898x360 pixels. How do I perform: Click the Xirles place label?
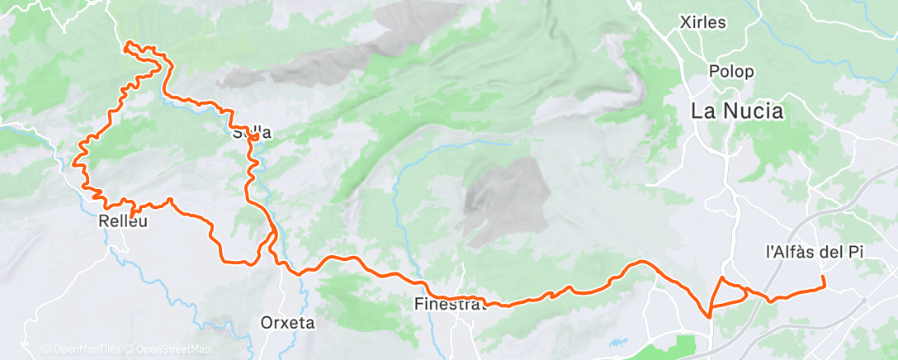pyautogui.click(x=703, y=22)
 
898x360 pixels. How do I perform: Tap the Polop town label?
pyautogui.click(x=730, y=71)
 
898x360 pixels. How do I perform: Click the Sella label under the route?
pyautogui.click(x=251, y=132)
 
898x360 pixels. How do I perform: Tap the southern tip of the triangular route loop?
pyautogui.click(x=710, y=315)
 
